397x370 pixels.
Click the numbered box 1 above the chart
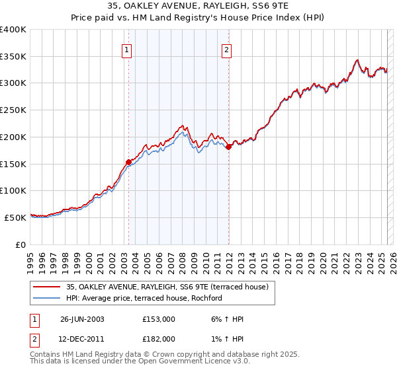coord(126,48)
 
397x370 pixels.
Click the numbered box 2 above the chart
coord(226,48)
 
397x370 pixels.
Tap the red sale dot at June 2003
coord(128,161)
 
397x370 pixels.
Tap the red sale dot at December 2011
coord(228,147)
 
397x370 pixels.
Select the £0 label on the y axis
coord(20,244)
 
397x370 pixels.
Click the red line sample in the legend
coord(48,287)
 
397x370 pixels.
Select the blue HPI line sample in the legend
coord(48,298)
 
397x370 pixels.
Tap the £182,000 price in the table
coord(159,338)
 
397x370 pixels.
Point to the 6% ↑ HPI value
coord(228,318)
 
